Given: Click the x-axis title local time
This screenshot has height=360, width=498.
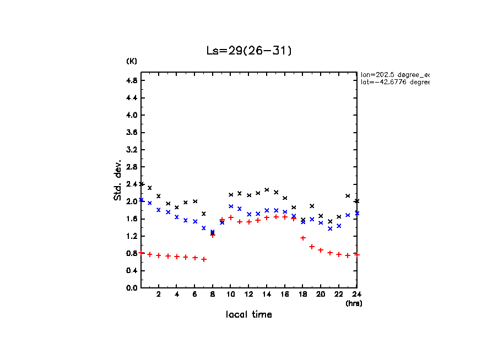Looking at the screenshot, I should click(x=249, y=315).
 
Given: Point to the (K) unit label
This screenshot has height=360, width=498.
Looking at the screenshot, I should click(x=132, y=61).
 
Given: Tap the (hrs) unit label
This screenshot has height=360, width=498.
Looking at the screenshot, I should click(x=354, y=303).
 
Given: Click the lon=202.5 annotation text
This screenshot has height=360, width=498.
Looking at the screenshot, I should click(x=394, y=74).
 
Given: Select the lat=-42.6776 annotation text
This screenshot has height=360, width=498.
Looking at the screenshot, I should click(x=394, y=82).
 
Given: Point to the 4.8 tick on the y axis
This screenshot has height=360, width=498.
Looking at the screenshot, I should click(x=132, y=80).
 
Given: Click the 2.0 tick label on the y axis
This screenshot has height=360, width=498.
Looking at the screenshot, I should click(x=132, y=201).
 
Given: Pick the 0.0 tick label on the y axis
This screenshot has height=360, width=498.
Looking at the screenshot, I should click(x=132, y=288).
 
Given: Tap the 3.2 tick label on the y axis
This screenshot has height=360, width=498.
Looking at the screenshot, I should click(x=132, y=150).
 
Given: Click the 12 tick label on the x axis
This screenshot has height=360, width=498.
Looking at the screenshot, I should click(x=249, y=294).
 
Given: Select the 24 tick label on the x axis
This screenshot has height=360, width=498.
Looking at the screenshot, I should click(x=356, y=294).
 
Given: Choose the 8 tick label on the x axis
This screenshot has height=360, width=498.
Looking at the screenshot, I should click(x=213, y=294).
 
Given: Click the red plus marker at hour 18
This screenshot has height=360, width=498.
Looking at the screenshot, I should click(x=303, y=238).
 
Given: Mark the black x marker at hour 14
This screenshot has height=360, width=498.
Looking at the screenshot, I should click(x=267, y=190).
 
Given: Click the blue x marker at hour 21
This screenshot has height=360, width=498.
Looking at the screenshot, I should click(x=330, y=228).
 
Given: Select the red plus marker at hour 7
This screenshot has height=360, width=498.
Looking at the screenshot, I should click(x=204, y=259).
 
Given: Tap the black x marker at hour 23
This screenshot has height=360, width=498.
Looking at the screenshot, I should click(x=348, y=196).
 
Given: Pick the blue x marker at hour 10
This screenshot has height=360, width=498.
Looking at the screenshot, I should click(x=231, y=206).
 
